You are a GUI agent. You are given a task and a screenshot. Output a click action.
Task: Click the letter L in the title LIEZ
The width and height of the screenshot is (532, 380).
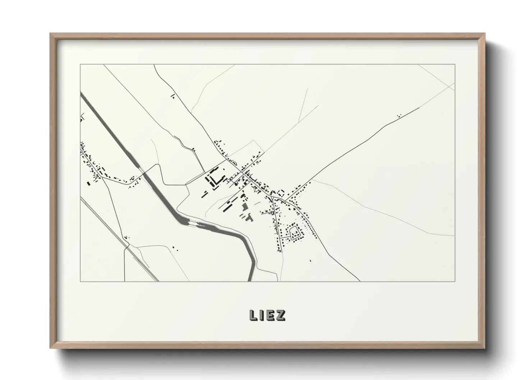tap(253, 315)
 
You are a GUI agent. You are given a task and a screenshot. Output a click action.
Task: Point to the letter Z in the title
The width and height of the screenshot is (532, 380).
tap(281, 315)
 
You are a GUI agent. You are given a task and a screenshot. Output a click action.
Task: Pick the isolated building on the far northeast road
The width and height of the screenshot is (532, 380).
tap(398, 116)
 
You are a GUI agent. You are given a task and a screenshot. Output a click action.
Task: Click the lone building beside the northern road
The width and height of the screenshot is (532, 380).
tap(173, 96)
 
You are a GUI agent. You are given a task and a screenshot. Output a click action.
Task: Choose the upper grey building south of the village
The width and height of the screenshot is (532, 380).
tap(245, 207)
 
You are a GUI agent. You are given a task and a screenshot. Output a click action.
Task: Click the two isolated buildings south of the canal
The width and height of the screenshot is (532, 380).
tap(174, 248)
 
